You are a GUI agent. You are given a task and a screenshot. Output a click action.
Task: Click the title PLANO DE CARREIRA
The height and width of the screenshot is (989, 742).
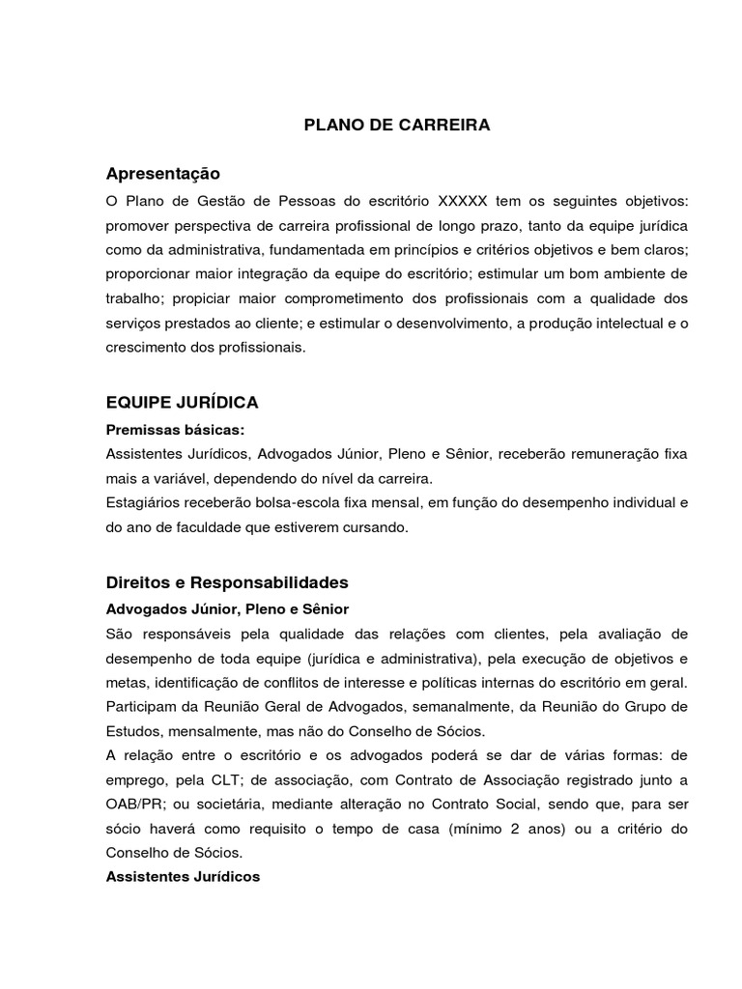[397, 126]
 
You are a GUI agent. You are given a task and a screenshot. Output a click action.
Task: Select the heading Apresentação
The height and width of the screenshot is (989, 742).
[163, 174]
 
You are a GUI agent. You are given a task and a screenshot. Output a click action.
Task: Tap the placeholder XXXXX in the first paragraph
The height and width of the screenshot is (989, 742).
[464, 202]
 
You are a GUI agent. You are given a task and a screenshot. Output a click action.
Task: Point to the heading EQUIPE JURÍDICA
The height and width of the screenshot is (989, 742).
[182, 402]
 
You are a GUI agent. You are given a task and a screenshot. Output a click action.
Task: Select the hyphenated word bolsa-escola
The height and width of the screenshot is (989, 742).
[281, 502]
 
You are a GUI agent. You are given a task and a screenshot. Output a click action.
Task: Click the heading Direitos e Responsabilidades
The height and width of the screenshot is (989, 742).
[227, 583]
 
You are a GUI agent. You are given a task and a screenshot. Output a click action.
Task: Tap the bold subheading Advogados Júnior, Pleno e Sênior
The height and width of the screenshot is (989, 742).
[227, 609]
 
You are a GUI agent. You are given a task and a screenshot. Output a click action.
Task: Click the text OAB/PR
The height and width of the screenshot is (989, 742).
[134, 803]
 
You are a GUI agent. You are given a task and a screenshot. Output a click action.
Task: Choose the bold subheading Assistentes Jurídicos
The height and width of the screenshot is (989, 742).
[183, 877]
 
